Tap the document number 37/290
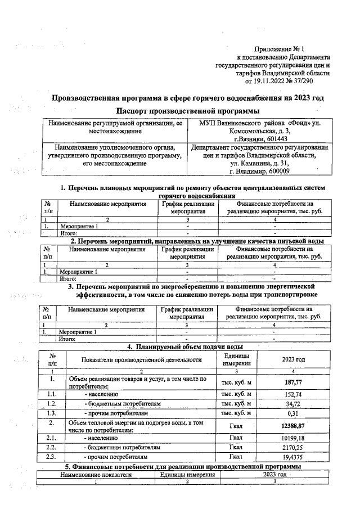(317, 81)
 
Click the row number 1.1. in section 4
(52, 394)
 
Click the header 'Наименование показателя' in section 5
(96, 475)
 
